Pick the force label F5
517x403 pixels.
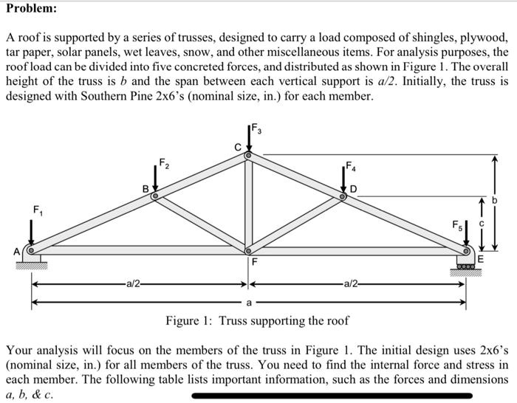coord(459,223)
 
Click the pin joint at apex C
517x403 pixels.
coord(249,156)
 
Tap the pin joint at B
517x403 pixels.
coord(155,197)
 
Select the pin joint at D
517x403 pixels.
coord(343,197)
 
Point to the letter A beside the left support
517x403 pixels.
coord(18,251)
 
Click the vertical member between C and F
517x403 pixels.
coord(249,203)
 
